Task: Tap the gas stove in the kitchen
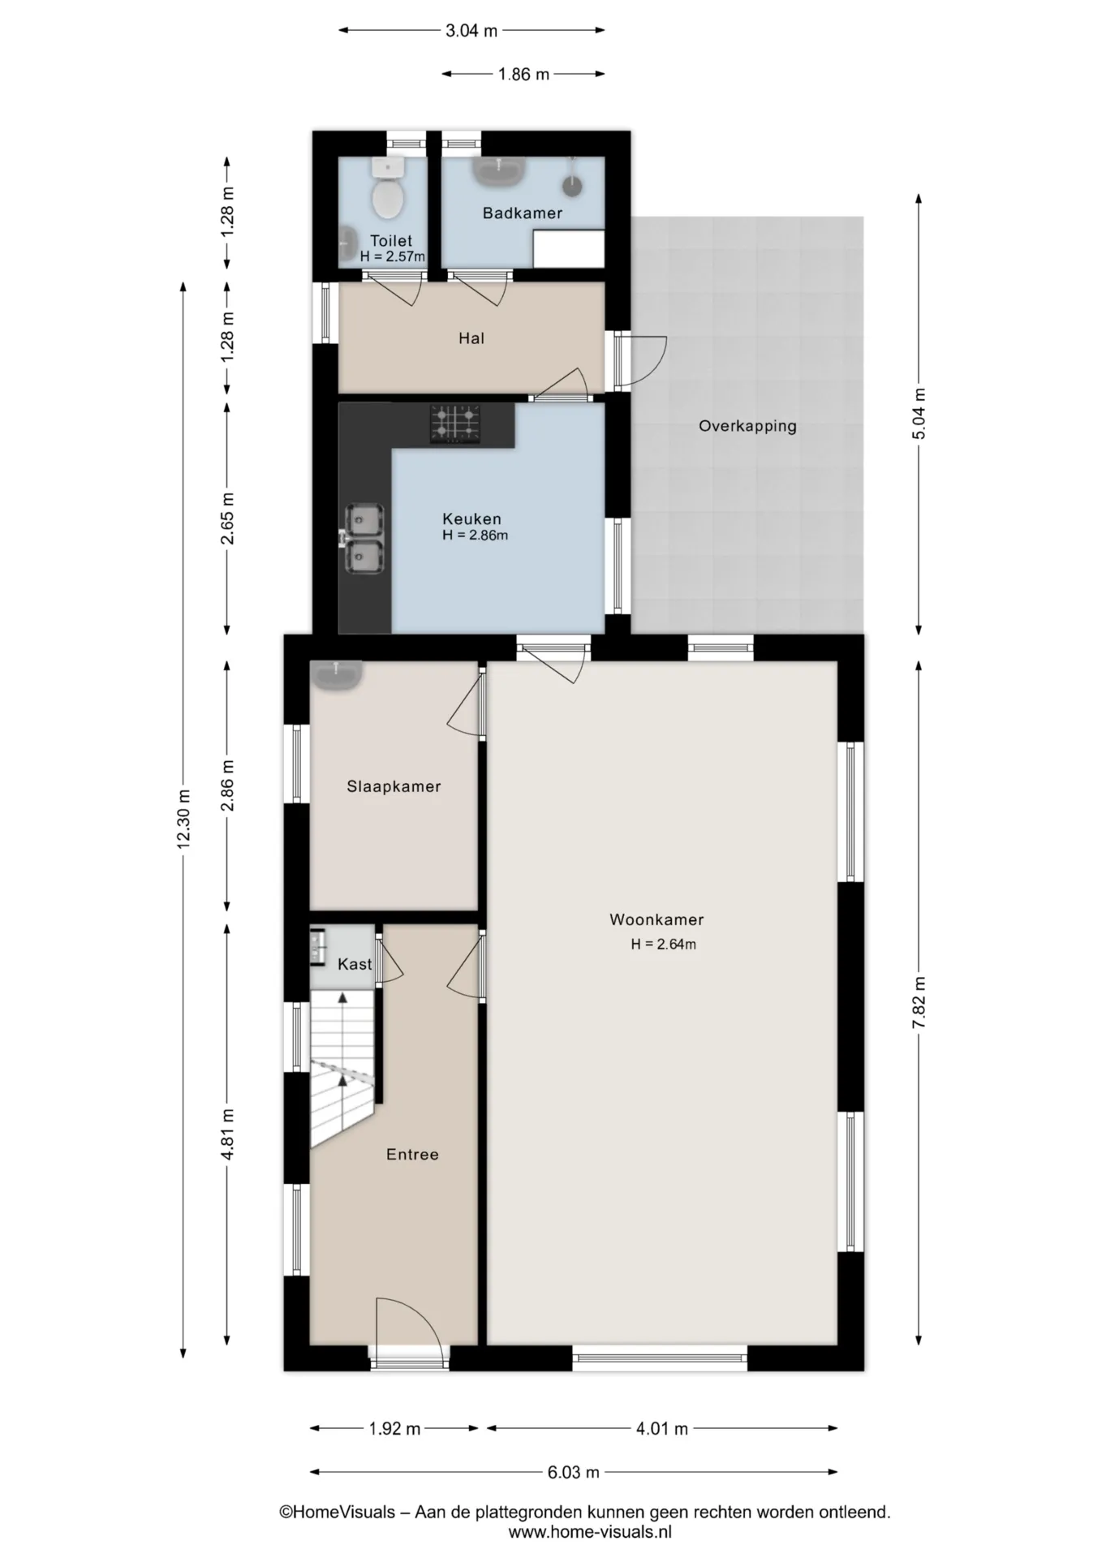455,424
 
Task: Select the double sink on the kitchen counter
364,539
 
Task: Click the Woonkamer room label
656,919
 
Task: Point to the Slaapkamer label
394,786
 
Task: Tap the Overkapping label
747,426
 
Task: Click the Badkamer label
523,213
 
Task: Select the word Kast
355,964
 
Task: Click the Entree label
412,1154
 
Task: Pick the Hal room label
471,338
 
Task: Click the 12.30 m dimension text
183,820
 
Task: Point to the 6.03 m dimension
573,1471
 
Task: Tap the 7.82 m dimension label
919,1002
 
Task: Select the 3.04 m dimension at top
471,31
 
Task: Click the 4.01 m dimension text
662,1428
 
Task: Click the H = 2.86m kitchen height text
476,536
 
